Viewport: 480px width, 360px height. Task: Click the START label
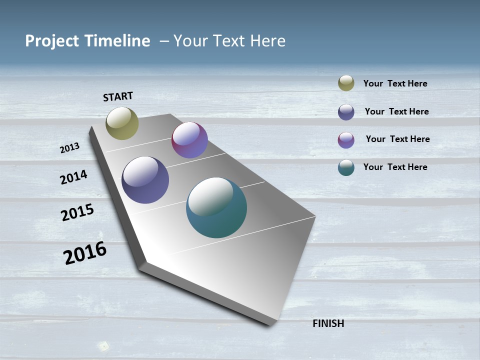tap(118, 96)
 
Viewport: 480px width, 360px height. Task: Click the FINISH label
tap(328, 323)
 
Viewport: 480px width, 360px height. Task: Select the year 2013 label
tap(69, 147)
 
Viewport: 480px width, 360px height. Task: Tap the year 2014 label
tap(73, 177)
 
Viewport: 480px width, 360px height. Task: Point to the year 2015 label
tap(77, 212)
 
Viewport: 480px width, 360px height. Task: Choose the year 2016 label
tap(85, 253)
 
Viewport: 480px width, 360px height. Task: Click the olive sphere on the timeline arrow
tap(122, 123)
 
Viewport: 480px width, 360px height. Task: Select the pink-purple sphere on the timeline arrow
tap(189, 140)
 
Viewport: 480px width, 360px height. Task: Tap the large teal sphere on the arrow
tap(216, 207)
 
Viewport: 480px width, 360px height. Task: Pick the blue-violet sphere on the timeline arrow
tap(145, 180)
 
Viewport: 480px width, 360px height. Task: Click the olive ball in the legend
tap(346, 83)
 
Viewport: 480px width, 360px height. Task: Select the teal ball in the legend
tap(346, 167)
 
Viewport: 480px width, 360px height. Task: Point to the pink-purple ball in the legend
tap(346, 140)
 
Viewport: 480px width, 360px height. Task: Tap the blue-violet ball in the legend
tap(346, 112)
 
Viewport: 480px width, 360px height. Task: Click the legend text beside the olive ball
tap(395, 83)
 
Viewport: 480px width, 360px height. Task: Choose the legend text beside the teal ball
tap(395, 167)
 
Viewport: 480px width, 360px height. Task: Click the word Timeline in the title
tap(117, 41)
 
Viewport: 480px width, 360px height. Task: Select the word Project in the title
tap(51, 41)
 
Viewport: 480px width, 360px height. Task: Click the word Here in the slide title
tap(268, 41)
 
